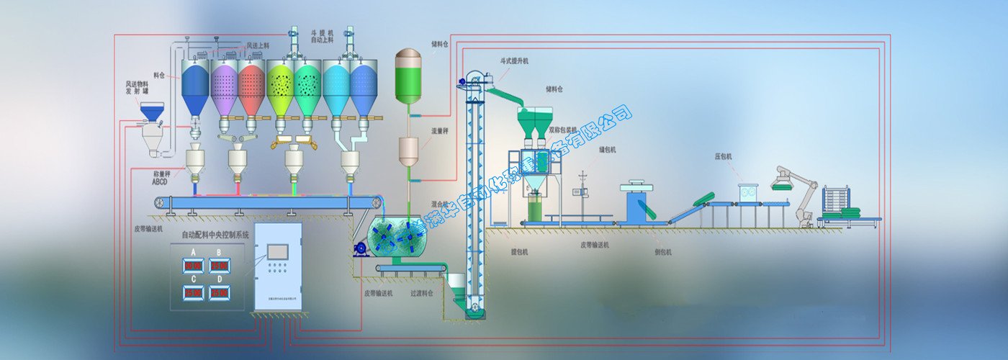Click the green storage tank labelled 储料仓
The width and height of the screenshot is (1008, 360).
[409, 76]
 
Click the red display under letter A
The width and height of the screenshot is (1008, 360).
[193, 266]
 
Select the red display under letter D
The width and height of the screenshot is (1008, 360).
[220, 292]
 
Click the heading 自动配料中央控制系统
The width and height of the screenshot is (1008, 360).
[215, 235]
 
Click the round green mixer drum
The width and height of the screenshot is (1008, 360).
[400, 238]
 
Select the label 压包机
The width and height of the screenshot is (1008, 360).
[723, 155]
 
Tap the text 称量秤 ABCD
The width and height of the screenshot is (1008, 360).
[161, 177]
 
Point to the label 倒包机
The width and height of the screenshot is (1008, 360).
[664, 252]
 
